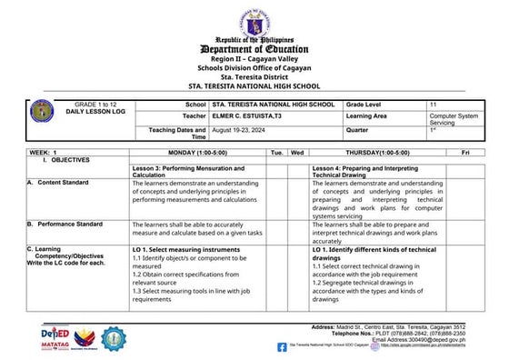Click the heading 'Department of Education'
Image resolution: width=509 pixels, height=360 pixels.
tap(254, 49)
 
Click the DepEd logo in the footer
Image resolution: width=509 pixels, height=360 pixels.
tap(55, 335)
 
